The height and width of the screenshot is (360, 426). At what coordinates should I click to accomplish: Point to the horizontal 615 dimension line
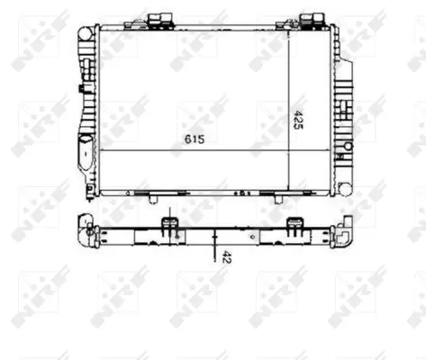coord(193,149)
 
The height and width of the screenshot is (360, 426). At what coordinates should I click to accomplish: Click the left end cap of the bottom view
coord(86,231)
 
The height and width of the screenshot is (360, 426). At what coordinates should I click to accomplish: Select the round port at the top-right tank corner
coord(335,33)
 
